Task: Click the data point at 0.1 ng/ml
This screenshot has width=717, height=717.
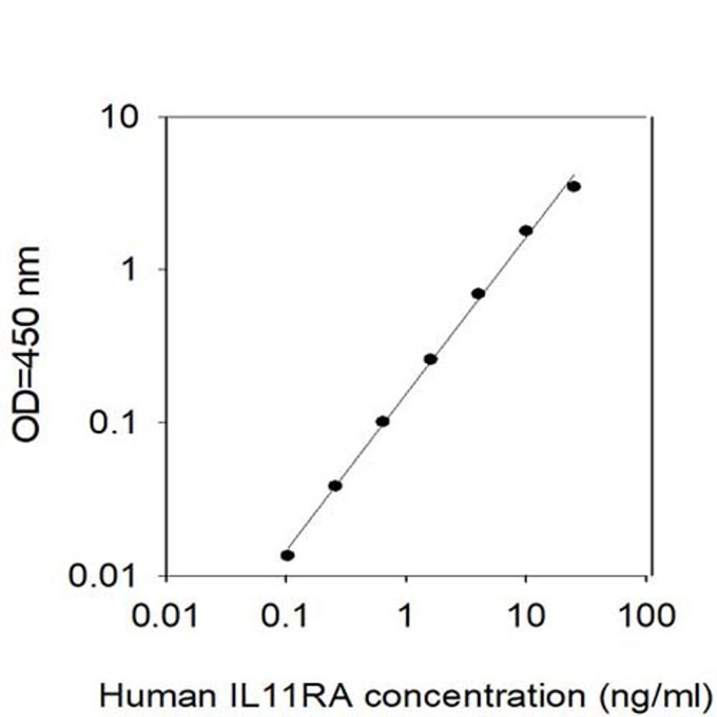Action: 287,555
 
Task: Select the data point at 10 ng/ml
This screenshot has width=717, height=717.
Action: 526,230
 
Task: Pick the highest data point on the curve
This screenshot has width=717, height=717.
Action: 574,187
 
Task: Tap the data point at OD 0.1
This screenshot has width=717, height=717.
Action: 382,421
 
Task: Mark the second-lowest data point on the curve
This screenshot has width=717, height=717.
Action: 335,485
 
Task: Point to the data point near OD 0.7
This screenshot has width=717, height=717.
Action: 478,293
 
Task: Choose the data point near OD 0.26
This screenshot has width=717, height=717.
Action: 430,359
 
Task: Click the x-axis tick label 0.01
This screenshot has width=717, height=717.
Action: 165,616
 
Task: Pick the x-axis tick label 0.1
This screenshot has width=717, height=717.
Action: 285,616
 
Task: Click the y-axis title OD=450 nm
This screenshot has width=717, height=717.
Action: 27,343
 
